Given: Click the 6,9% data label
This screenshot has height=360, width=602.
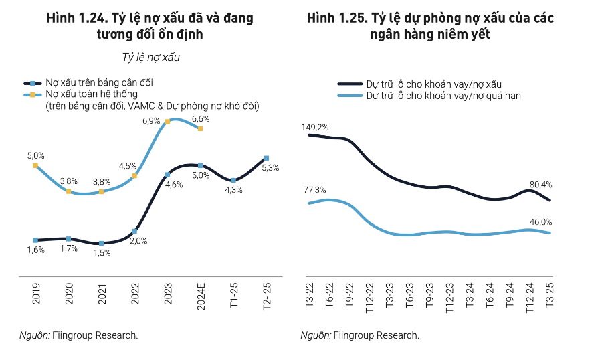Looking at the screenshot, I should (x=151, y=120).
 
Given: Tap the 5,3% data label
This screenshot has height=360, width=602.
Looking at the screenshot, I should (x=271, y=168).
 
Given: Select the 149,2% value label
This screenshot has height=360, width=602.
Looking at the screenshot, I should (x=314, y=126).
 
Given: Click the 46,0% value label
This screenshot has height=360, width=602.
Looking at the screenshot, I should (x=542, y=221).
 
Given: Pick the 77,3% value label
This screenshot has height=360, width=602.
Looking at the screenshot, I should (x=314, y=189).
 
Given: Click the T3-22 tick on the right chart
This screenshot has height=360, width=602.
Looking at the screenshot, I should (x=310, y=296).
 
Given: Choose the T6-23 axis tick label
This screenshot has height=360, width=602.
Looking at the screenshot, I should (x=407, y=296).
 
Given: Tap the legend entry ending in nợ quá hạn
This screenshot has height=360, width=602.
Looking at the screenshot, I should (x=442, y=96).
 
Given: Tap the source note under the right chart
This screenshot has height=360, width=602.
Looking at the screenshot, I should (x=360, y=335).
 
